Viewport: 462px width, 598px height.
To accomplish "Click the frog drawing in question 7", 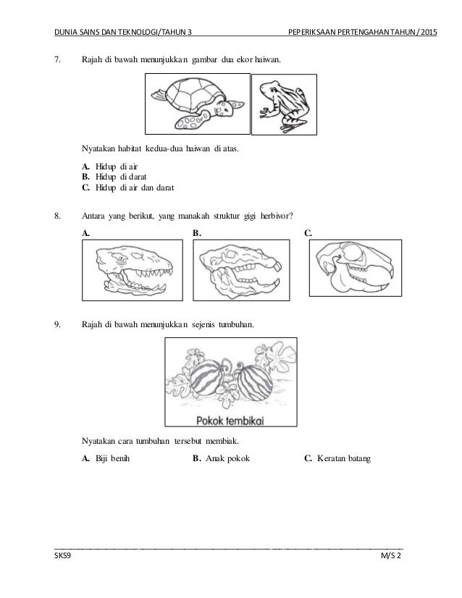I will point(282,104).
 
